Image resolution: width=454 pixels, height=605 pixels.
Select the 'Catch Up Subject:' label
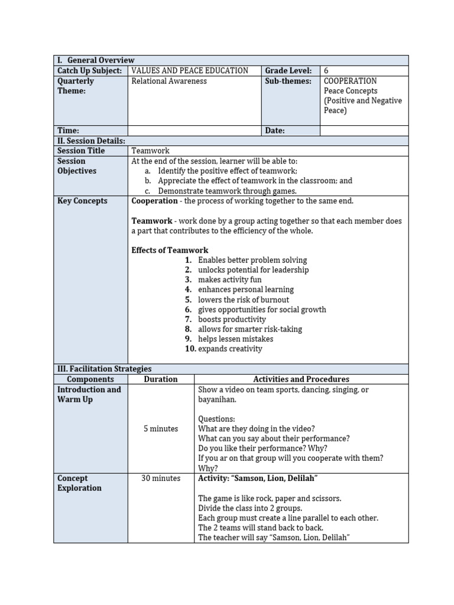click(x=89, y=70)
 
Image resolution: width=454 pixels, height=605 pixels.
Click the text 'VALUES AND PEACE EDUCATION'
click(x=190, y=70)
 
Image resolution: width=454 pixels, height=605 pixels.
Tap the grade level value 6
click(x=326, y=70)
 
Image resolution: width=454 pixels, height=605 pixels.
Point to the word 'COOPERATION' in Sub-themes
click(x=350, y=81)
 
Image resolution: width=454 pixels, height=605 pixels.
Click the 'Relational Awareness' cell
click(x=169, y=81)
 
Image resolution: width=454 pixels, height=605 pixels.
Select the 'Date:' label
click(x=275, y=131)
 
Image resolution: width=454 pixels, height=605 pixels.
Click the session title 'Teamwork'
click(x=150, y=151)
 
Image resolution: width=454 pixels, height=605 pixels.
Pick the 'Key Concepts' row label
click(x=82, y=201)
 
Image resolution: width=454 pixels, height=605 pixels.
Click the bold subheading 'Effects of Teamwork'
click(x=170, y=251)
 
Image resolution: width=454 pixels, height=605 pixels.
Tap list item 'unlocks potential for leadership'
click(x=253, y=270)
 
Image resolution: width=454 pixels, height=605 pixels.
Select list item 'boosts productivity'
click(x=232, y=320)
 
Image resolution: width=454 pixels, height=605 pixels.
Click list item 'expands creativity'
click(x=230, y=349)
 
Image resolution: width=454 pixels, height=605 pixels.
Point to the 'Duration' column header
click(x=160, y=379)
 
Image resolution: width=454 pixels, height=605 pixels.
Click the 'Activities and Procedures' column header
click(x=301, y=379)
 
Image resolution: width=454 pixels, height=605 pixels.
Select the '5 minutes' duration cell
click(x=160, y=429)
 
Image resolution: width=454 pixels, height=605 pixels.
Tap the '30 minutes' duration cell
click(x=160, y=479)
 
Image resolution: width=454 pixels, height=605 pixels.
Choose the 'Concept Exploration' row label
click(x=79, y=483)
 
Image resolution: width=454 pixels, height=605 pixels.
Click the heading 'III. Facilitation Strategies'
click(x=104, y=369)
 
